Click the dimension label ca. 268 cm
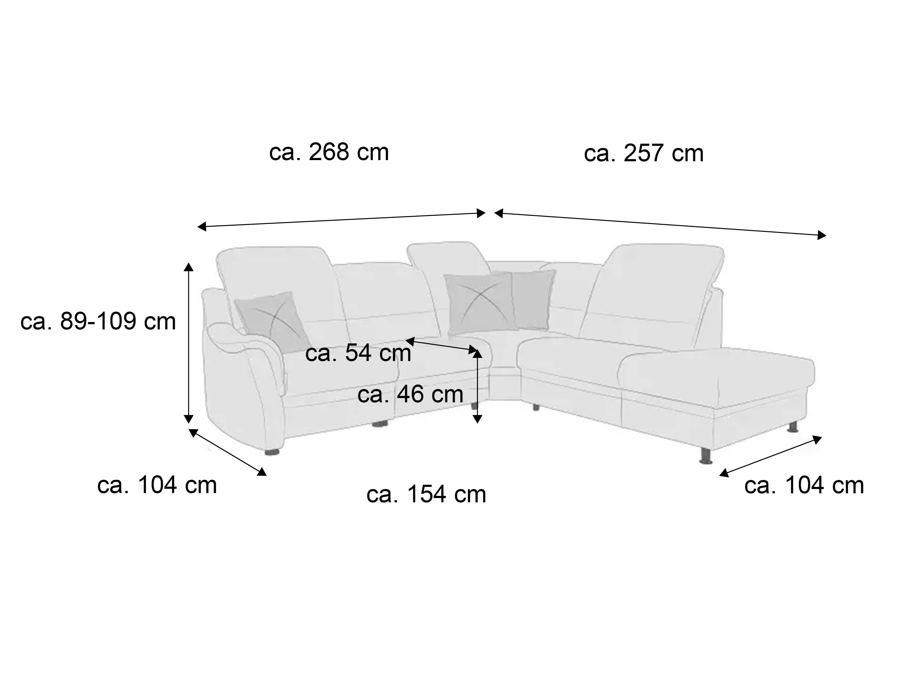(x=329, y=152)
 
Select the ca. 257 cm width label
(x=644, y=153)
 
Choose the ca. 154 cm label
(x=426, y=494)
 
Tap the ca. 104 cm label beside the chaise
(x=804, y=485)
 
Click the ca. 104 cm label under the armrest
(x=157, y=485)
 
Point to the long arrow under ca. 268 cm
(x=341, y=220)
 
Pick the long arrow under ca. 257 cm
(x=660, y=224)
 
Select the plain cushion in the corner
(x=533, y=299)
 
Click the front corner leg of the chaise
(x=706, y=455)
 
